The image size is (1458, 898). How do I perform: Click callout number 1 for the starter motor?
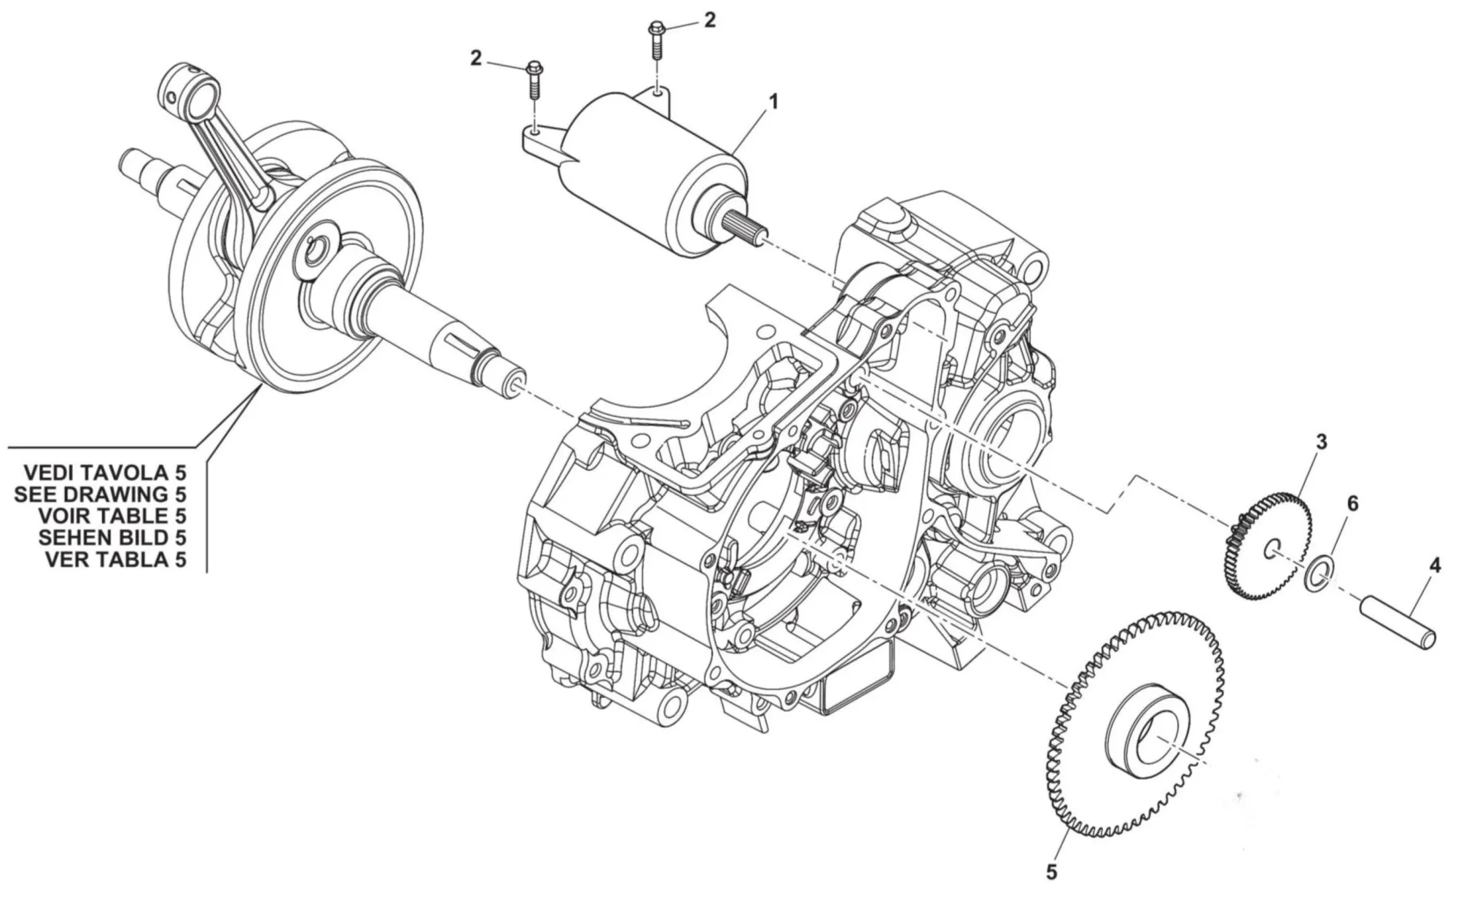point(773,101)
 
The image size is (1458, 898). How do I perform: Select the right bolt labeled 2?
point(656,40)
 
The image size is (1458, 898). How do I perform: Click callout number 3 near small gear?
point(1320,441)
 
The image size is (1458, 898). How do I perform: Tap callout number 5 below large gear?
point(1050,872)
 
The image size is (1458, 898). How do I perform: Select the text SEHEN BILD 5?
point(112,538)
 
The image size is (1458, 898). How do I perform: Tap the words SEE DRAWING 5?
point(101,493)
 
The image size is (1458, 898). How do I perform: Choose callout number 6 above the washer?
point(1352,503)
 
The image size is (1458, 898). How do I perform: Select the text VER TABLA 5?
point(115,560)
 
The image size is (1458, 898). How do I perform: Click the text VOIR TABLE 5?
point(112,516)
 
